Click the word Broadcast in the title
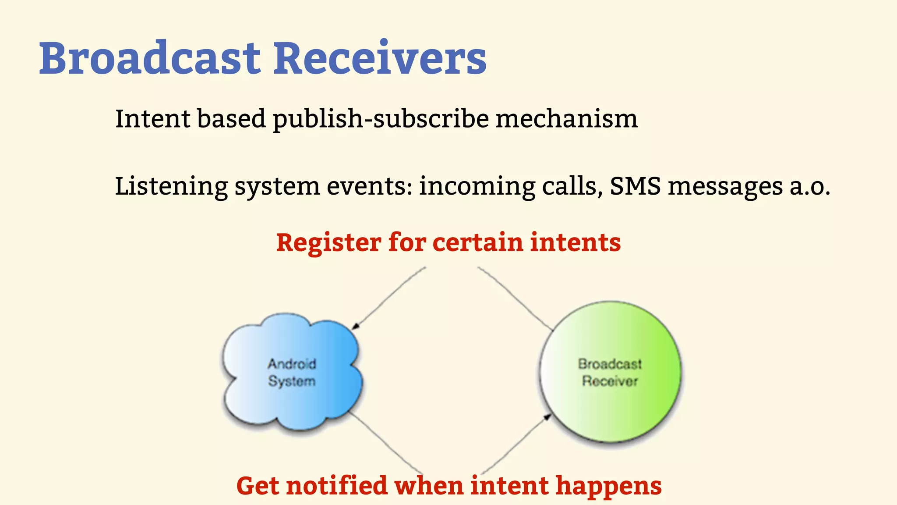pyautogui.click(x=150, y=58)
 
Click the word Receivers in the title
pyautogui.click(x=380, y=58)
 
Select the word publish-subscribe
pyautogui.click(x=381, y=119)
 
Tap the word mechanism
pyautogui.click(x=566, y=119)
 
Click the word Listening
pyautogui.click(x=171, y=186)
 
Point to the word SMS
pyautogui.click(x=635, y=186)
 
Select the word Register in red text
pyautogui.click(x=328, y=243)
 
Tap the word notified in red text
pyautogui.click(x=337, y=486)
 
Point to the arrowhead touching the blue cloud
pyautogui.click(x=356, y=326)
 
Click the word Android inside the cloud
pyautogui.click(x=292, y=364)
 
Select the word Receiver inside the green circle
pyautogui.click(x=610, y=381)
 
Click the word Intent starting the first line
pyautogui.click(x=152, y=119)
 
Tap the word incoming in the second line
pyautogui.click(x=477, y=186)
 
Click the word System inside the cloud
pyautogui.click(x=292, y=381)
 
